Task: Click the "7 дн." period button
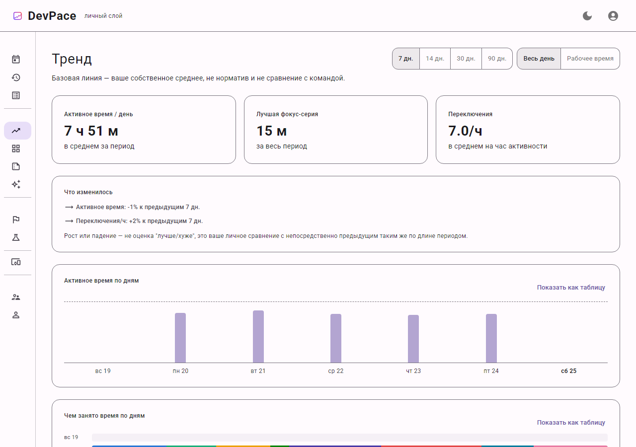[x=406, y=59]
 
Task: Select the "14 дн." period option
[x=435, y=59]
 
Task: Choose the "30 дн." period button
[x=466, y=59]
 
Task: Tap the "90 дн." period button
[x=497, y=59]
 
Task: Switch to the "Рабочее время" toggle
[x=590, y=59]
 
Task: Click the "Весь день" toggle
[x=539, y=59]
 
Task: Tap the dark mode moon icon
[x=587, y=16]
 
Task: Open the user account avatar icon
[x=613, y=16]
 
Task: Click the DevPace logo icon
[x=17, y=16]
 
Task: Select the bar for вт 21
[x=258, y=337]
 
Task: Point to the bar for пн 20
[x=180, y=338]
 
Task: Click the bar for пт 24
[x=491, y=338]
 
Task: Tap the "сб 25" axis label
[x=569, y=371]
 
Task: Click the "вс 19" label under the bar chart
[x=103, y=371]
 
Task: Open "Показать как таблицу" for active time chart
[x=571, y=288]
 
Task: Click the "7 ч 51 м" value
[x=91, y=131]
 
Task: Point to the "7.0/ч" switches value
[x=465, y=131]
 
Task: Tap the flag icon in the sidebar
[x=16, y=220]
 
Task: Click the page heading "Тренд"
[x=72, y=59]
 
